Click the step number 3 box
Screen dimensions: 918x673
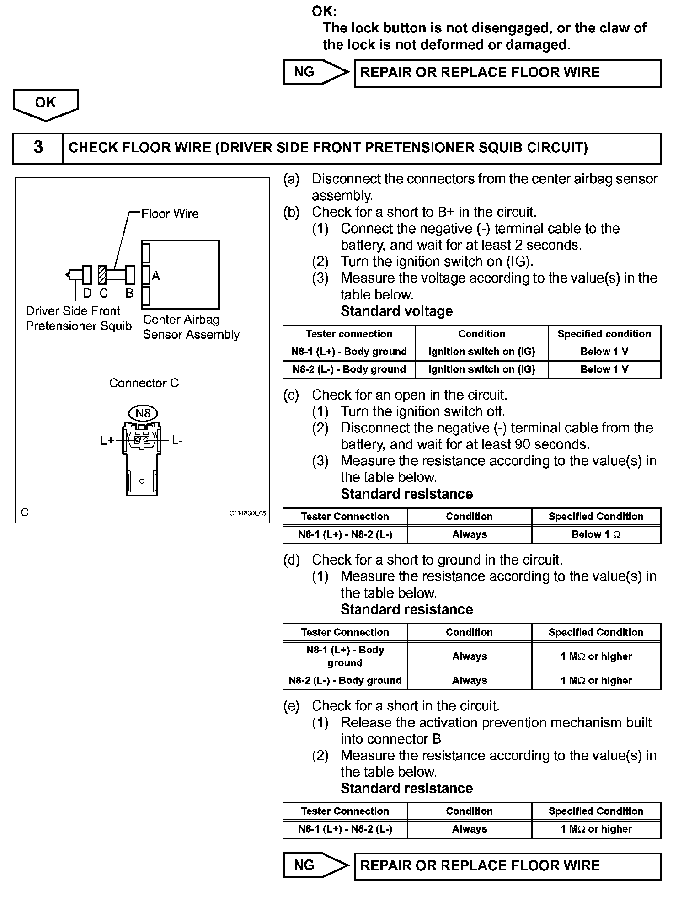(38, 148)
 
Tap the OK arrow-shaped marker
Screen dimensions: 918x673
(46, 104)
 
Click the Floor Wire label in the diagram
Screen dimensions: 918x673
(170, 214)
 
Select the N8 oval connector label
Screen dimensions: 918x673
(143, 413)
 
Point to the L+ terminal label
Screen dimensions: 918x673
(107, 441)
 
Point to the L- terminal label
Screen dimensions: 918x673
(177, 441)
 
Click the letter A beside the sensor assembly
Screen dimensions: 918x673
(156, 276)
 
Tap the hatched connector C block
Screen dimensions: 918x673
(102, 275)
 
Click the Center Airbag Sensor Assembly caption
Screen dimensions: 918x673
(191, 327)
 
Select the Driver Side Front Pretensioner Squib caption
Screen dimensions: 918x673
(79, 318)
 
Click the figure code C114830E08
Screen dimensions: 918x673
(247, 513)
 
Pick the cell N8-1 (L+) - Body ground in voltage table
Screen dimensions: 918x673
(349, 352)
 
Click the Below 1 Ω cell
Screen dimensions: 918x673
(596, 534)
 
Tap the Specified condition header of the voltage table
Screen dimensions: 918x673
(604, 334)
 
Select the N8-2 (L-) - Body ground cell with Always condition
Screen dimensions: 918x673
(345, 680)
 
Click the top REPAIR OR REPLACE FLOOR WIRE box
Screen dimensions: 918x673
(507, 73)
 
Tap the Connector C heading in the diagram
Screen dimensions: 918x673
(144, 383)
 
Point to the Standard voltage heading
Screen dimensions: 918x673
(396, 311)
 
